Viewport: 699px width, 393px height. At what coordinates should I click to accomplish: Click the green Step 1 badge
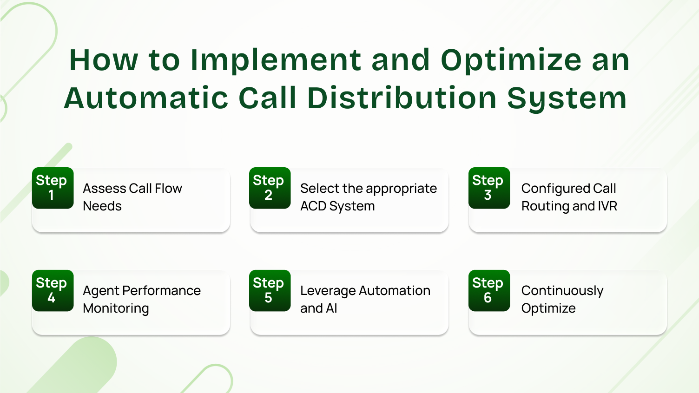pos(53,188)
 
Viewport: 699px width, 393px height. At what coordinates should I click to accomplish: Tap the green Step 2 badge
pos(270,188)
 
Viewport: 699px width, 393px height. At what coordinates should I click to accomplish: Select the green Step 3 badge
pos(489,188)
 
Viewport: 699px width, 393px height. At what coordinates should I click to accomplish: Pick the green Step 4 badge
pos(53,290)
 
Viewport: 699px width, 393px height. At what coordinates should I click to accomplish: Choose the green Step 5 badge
pos(270,290)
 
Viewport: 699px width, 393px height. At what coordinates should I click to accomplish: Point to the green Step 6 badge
pos(489,290)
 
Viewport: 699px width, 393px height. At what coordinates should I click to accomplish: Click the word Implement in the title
pos(275,60)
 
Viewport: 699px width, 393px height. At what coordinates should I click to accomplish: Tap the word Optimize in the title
pos(511,60)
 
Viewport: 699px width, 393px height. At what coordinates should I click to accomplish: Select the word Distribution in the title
pos(402,98)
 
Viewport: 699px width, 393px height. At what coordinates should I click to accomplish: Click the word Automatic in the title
pos(145,98)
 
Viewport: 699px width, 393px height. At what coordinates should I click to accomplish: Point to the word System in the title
pos(567,98)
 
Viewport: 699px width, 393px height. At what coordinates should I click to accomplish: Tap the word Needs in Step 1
pos(102,206)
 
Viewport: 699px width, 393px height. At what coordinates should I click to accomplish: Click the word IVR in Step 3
pos(607,206)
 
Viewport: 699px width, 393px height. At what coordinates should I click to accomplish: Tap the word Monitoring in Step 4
pos(116,308)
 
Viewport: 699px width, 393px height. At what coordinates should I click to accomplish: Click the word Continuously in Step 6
pos(562,291)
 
